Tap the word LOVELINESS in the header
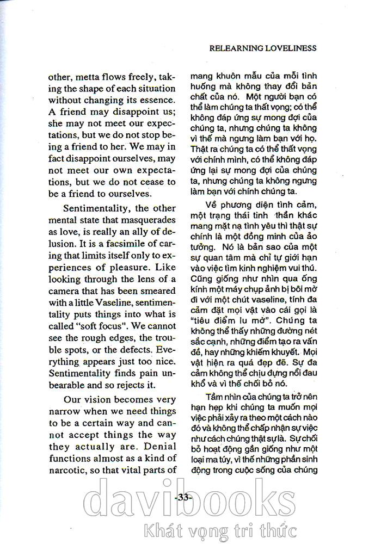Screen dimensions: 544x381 click(x=289, y=48)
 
